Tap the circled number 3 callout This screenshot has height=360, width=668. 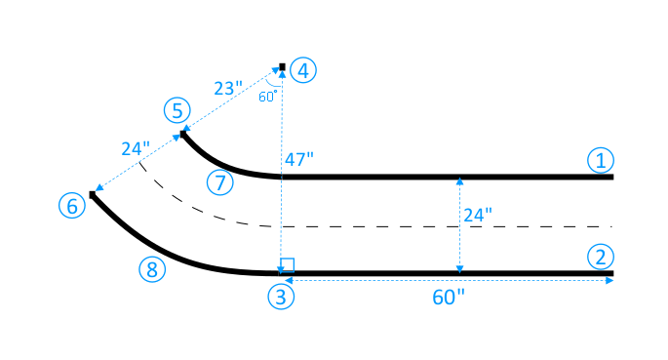click(282, 299)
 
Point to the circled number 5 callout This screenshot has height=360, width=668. click(177, 110)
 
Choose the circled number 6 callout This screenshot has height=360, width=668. click(70, 206)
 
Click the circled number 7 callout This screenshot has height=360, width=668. click(221, 181)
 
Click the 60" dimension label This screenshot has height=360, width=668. click(449, 298)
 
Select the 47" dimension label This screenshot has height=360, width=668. click(298, 158)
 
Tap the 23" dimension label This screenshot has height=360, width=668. click(227, 88)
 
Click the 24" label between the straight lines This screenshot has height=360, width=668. click(477, 215)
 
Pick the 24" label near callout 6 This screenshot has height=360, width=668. click(136, 149)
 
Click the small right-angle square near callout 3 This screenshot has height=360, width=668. click(287, 265)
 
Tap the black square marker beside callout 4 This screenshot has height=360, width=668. click(282, 67)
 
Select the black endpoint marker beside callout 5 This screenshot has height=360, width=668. click(182, 134)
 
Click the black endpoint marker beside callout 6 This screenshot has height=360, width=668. click(93, 195)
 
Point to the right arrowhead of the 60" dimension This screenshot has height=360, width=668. click(609, 281)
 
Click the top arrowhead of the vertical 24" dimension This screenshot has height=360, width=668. click(459, 181)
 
